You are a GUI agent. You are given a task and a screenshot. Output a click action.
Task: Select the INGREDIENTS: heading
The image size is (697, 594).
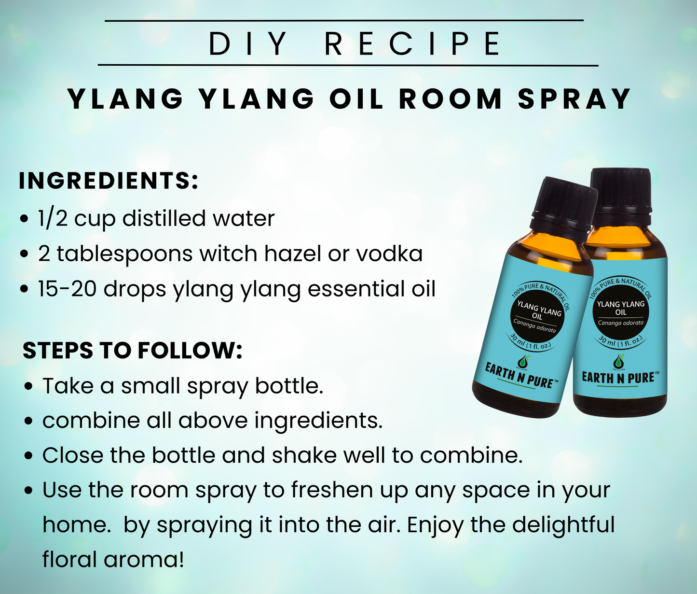coord(109,181)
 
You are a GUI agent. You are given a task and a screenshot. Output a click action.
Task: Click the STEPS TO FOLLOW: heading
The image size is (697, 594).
coord(132,350)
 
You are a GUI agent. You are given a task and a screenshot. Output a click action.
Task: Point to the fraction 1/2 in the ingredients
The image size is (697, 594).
coord(53,218)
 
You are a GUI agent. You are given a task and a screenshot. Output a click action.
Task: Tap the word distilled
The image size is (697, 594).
coord(164,218)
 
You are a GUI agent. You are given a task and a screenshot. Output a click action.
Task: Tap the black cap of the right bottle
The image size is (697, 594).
coord(621,191)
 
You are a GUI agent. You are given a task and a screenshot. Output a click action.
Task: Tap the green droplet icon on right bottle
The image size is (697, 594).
coord(618,361)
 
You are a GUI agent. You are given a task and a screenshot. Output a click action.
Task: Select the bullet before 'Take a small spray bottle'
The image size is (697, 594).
coord(29,387)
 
